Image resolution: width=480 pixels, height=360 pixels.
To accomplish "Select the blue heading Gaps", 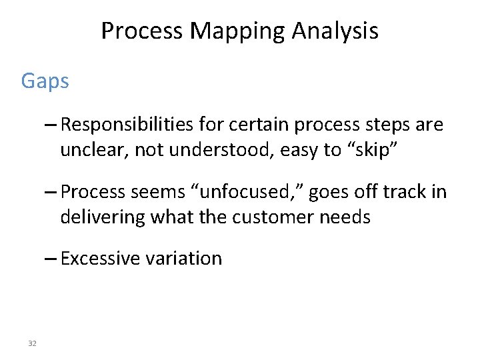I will pyautogui.click(x=45, y=81).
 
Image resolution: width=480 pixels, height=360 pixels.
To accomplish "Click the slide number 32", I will pyautogui.click(x=32, y=343).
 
